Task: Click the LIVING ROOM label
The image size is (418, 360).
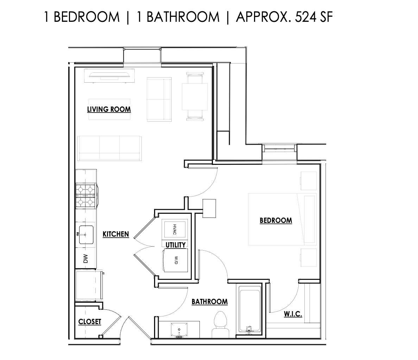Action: point(109,109)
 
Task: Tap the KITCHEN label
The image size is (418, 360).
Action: point(115,234)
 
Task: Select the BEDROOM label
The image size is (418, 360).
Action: point(275,220)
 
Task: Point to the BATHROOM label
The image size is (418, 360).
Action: point(209,302)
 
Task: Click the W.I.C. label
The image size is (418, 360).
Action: point(293,314)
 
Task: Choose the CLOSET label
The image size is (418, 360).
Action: point(90,322)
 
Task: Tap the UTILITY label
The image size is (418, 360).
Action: point(176,245)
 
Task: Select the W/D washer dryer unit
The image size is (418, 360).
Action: point(175,260)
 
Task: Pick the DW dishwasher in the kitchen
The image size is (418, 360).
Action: point(85,259)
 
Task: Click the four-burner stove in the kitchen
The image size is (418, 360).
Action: point(86,196)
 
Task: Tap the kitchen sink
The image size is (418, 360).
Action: point(85,234)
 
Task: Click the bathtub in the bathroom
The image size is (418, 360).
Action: point(249,309)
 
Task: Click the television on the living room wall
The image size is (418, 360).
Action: point(109,76)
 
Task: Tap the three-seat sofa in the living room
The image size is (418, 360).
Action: point(109,148)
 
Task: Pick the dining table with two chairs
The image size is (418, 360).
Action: point(195,96)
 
